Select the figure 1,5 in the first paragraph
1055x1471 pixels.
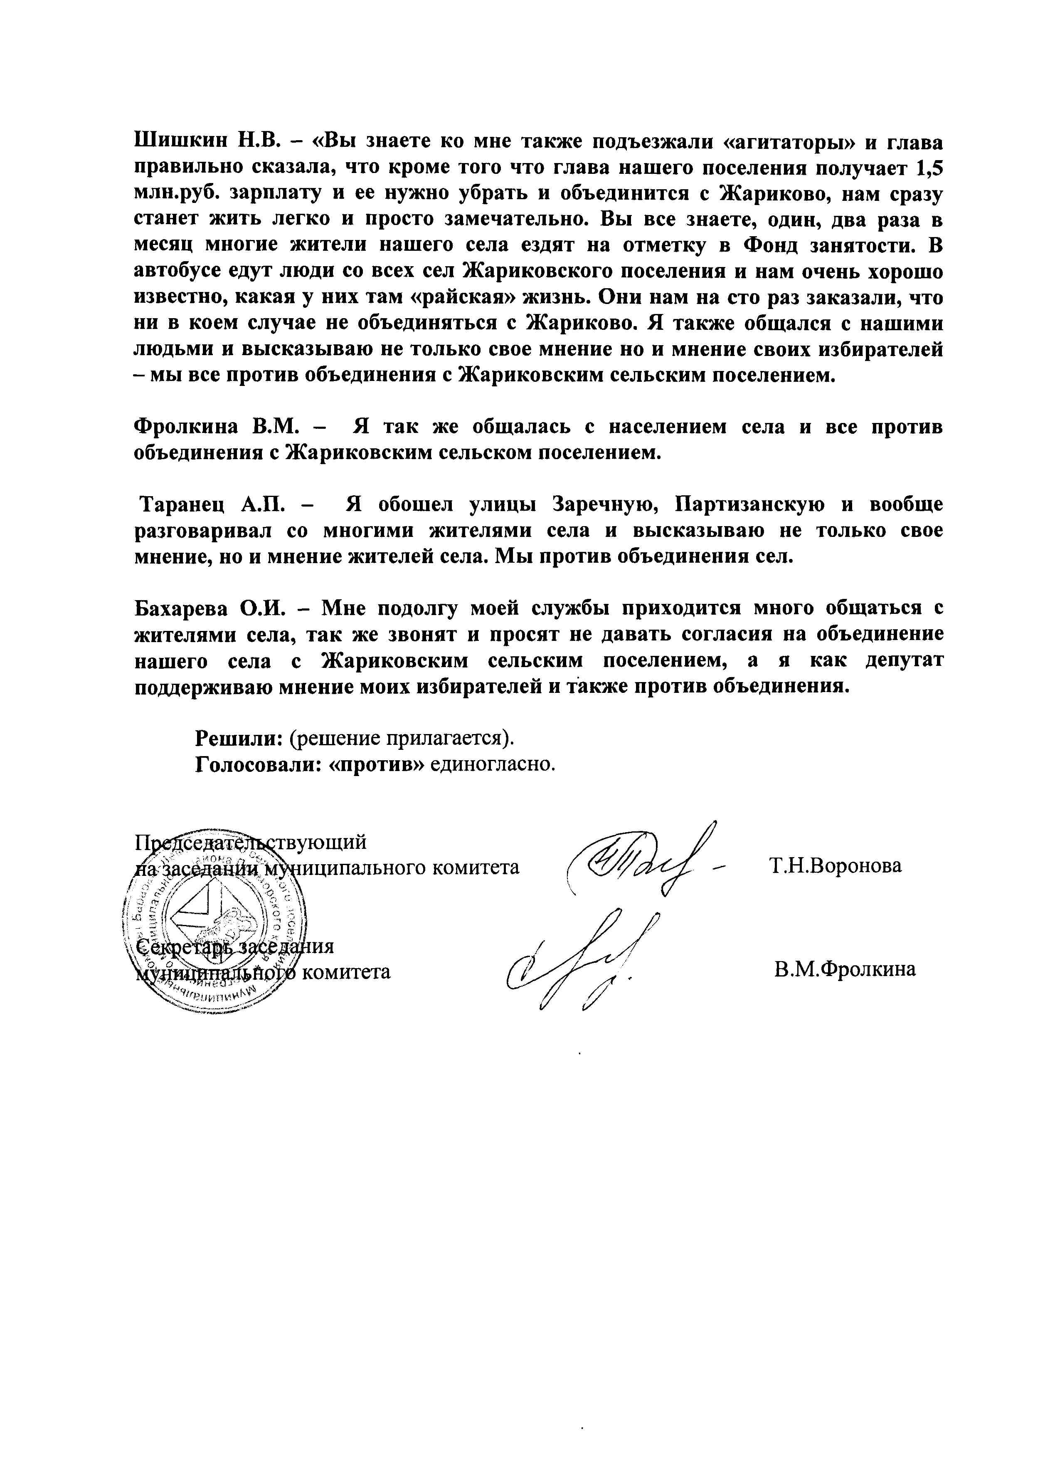coord(929,167)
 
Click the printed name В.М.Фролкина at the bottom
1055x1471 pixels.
coord(844,969)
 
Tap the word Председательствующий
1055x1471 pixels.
coord(250,842)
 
